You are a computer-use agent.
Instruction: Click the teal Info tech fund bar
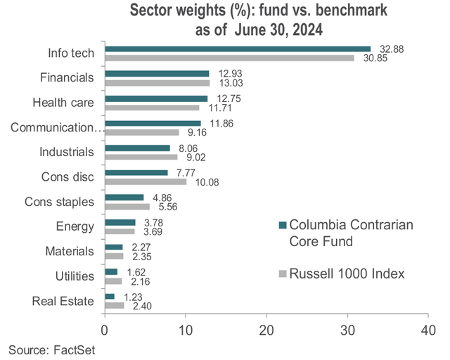point(238,49)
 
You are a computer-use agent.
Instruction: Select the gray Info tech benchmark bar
point(229,58)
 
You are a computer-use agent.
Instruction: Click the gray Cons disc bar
point(146,181)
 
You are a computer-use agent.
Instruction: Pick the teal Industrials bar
point(137,148)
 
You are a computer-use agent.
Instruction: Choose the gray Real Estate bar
point(115,306)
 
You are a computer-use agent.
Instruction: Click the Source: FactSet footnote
point(51,349)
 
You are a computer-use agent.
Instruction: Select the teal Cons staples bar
point(124,198)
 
